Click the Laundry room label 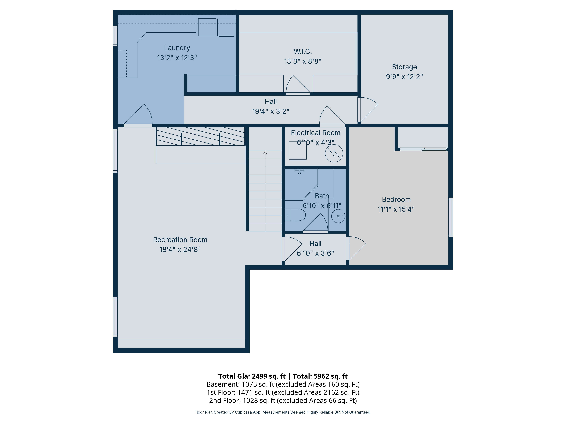(x=177, y=48)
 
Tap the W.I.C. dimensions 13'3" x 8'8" (x=303, y=61)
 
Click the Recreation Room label (x=180, y=240)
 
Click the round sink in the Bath (x=338, y=216)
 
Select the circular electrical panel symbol (x=334, y=153)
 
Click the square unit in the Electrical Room (x=298, y=151)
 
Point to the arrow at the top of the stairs (x=265, y=153)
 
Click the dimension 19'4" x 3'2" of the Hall (x=271, y=111)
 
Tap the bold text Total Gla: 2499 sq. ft (x=252, y=376)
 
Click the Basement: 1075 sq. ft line (x=283, y=384)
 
